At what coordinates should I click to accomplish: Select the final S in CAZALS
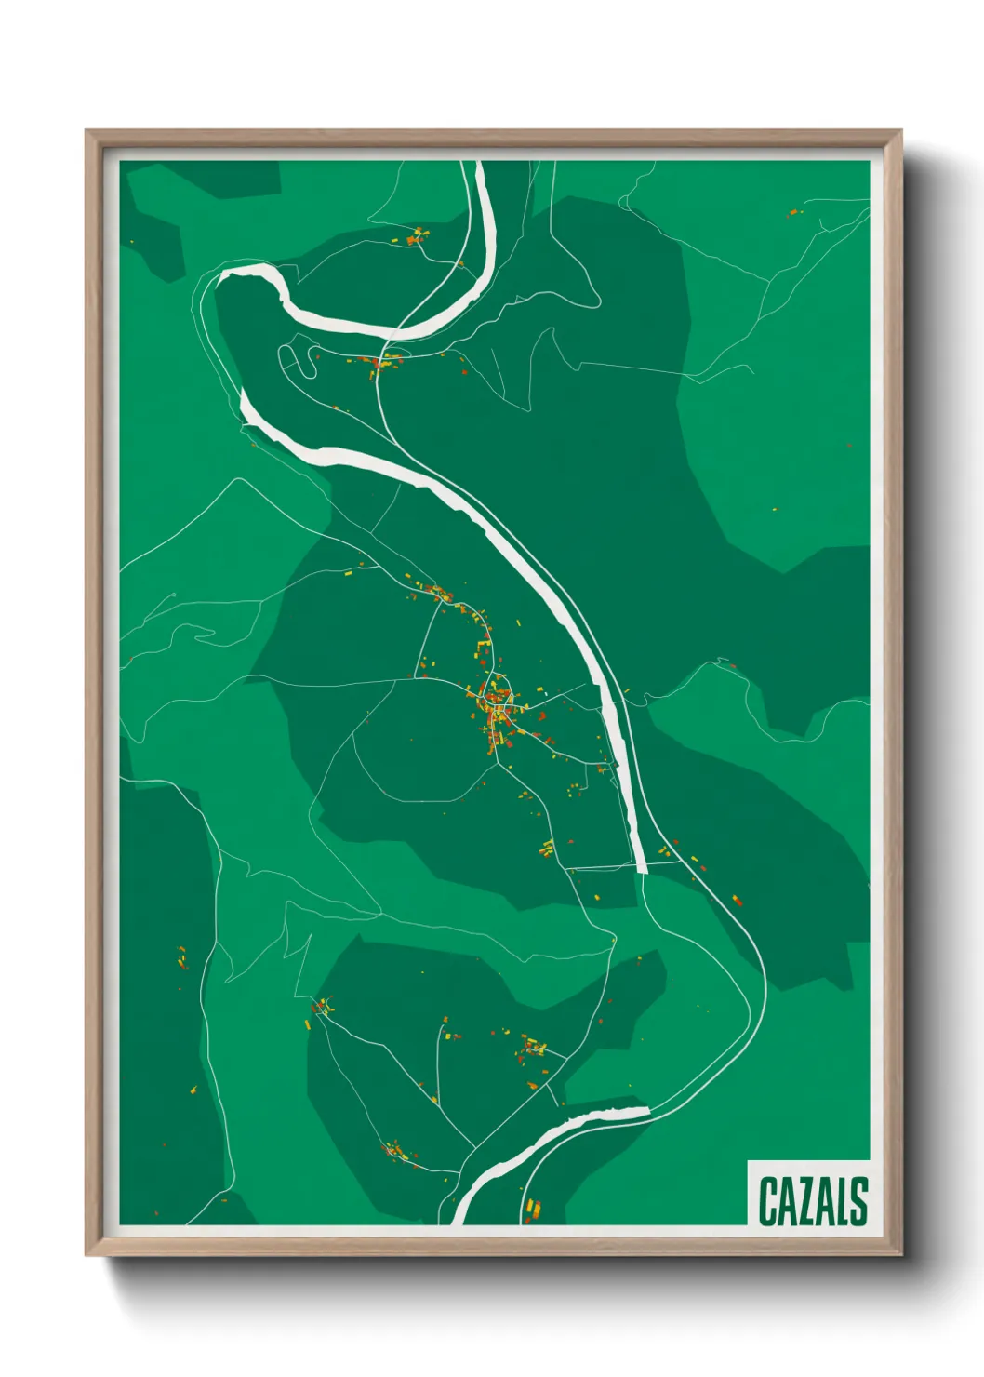click(858, 1201)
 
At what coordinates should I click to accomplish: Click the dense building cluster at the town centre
click(496, 702)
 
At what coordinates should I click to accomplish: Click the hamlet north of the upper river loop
click(416, 236)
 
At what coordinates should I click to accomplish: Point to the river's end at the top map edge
click(479, 165)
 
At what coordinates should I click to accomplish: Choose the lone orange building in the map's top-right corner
click(792, 213)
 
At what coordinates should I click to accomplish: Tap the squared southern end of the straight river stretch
click(641, 869)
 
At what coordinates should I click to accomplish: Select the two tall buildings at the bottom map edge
click(533, 1210)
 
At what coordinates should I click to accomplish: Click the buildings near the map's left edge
click(182, 958)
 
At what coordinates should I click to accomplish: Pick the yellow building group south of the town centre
click(547, 848)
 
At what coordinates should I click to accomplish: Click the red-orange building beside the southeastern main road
click(736, 900)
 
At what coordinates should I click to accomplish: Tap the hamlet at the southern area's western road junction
click(323, 1007)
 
